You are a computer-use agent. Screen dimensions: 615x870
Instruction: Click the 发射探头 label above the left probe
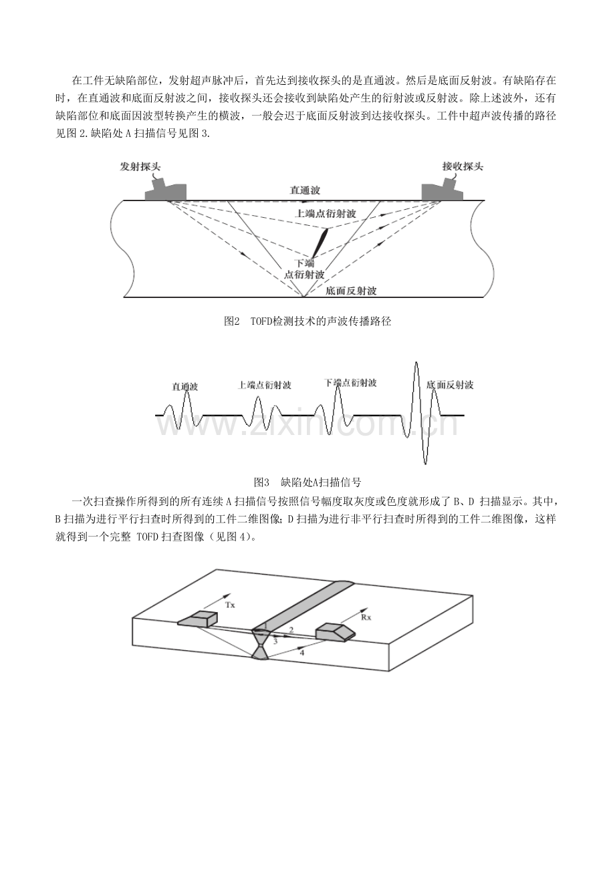tap(140, 166)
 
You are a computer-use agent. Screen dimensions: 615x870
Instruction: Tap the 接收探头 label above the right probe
tap(463, 166)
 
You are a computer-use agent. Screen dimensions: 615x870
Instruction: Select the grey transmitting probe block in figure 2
tap(166, 190)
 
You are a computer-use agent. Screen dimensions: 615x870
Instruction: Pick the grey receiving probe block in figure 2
tap(443, 190)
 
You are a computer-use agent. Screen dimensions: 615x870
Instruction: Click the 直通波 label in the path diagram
tap(305, 190)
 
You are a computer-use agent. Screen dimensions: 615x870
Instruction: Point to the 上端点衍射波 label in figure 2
tap(326, 214)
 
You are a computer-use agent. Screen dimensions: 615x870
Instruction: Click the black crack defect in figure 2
tap(320, 243)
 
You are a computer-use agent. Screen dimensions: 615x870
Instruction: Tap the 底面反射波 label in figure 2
tap(351, 291)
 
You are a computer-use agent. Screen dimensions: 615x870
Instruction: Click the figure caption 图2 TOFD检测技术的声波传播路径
tap(307, 321)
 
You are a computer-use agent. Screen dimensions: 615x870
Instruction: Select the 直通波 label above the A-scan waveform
tap(185, 387)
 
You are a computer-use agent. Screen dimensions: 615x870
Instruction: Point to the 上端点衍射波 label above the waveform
tap(265, 386)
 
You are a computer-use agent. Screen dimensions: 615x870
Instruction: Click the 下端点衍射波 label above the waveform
tap(350, 383)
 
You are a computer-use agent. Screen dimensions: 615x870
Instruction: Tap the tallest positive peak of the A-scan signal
tap(416, 363)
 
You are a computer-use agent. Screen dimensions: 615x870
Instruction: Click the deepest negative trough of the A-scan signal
tap(425, 463)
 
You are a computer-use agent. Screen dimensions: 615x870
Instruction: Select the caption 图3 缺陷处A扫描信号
tap(307, 482)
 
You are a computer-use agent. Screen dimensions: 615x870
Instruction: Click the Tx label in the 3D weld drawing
tap(230, 605)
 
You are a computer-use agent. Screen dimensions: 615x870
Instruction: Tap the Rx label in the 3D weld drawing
tap(366, 617)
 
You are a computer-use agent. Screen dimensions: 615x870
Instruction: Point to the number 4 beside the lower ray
tap(302, 652)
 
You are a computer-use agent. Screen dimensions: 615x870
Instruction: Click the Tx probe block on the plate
tap(198, 619)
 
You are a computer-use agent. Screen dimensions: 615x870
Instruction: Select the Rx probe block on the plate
tap(336, 631)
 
